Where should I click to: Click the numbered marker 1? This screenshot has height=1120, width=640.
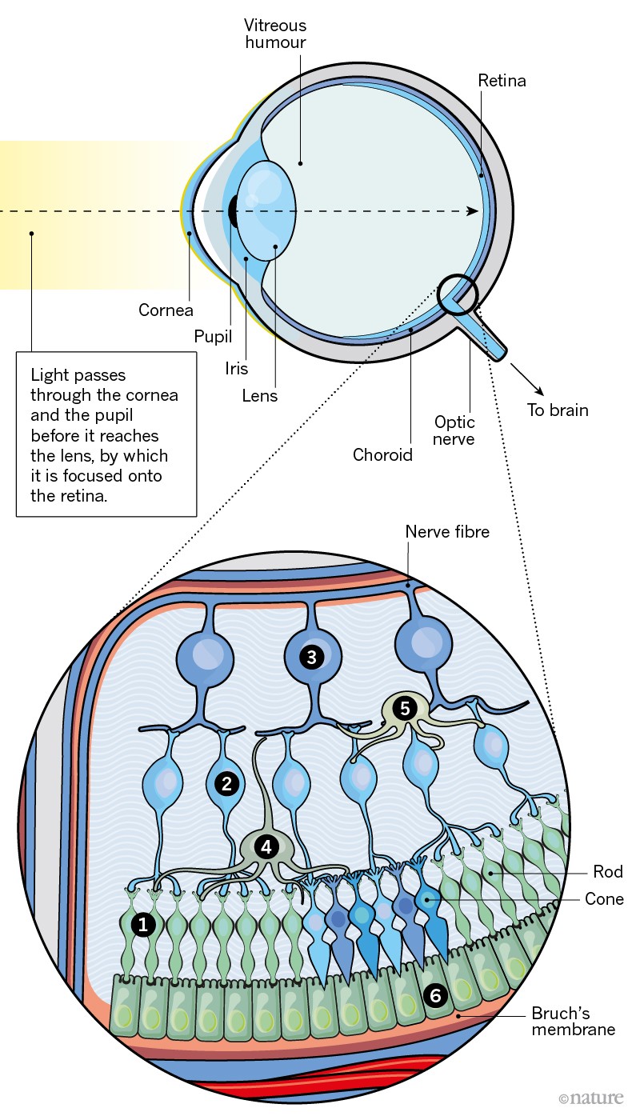pos(143,924)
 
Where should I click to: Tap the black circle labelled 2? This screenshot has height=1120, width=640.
pos(227,783)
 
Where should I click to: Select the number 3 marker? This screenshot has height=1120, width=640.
pos(311,657)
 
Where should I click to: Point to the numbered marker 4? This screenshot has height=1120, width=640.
pos(265,846)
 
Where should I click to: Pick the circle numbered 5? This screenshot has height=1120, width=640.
pos(404,707)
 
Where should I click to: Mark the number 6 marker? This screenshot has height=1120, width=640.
pos(435,995)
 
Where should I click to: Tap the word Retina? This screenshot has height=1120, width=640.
pos(502,80)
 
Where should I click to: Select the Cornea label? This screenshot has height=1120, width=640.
pos(166,310)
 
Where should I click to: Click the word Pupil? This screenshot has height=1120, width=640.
pos(214,336)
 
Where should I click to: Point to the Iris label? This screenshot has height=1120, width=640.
pos(237,369)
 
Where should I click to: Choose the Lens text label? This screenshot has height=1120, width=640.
pos(260,395)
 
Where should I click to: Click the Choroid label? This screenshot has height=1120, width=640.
pos(382,455)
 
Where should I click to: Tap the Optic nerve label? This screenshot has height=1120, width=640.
pos(454,430)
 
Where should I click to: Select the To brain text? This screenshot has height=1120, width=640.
pos(558,410)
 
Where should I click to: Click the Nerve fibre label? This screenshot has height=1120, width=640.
pos(447,532)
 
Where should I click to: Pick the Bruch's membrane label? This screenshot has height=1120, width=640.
pos(574,1021)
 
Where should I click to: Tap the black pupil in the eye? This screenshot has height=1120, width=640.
pos(234,210)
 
